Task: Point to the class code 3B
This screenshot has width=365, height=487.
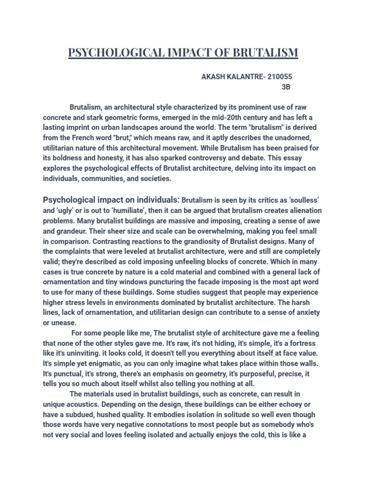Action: click(285, 87)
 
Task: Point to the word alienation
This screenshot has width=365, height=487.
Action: click(303, 210)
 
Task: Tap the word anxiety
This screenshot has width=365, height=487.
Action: click(307, 312)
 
